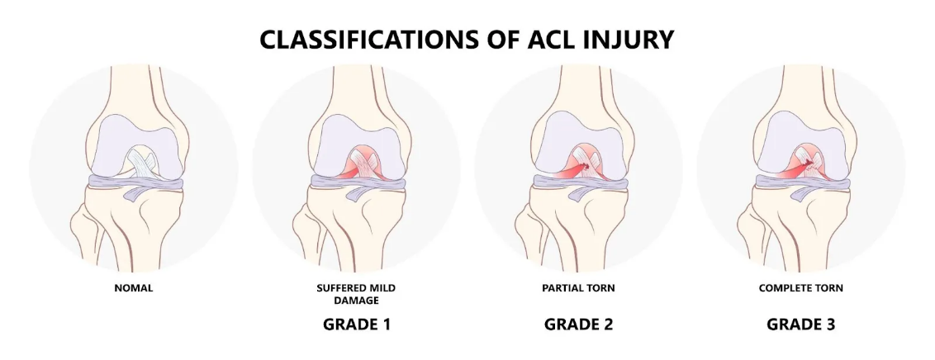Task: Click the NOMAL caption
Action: (134, 288)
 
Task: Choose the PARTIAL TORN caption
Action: (578, 288)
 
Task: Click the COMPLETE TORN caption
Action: (801, 288)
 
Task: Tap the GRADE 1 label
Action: (357, 324)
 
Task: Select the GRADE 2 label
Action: (578, 324)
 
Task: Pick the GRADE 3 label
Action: (801, 324)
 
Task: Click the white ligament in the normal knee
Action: (142, 162)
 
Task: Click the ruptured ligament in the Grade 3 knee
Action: (805, 163)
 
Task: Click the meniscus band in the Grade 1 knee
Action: (357, 182)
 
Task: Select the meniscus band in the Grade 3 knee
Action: (801, 182)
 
